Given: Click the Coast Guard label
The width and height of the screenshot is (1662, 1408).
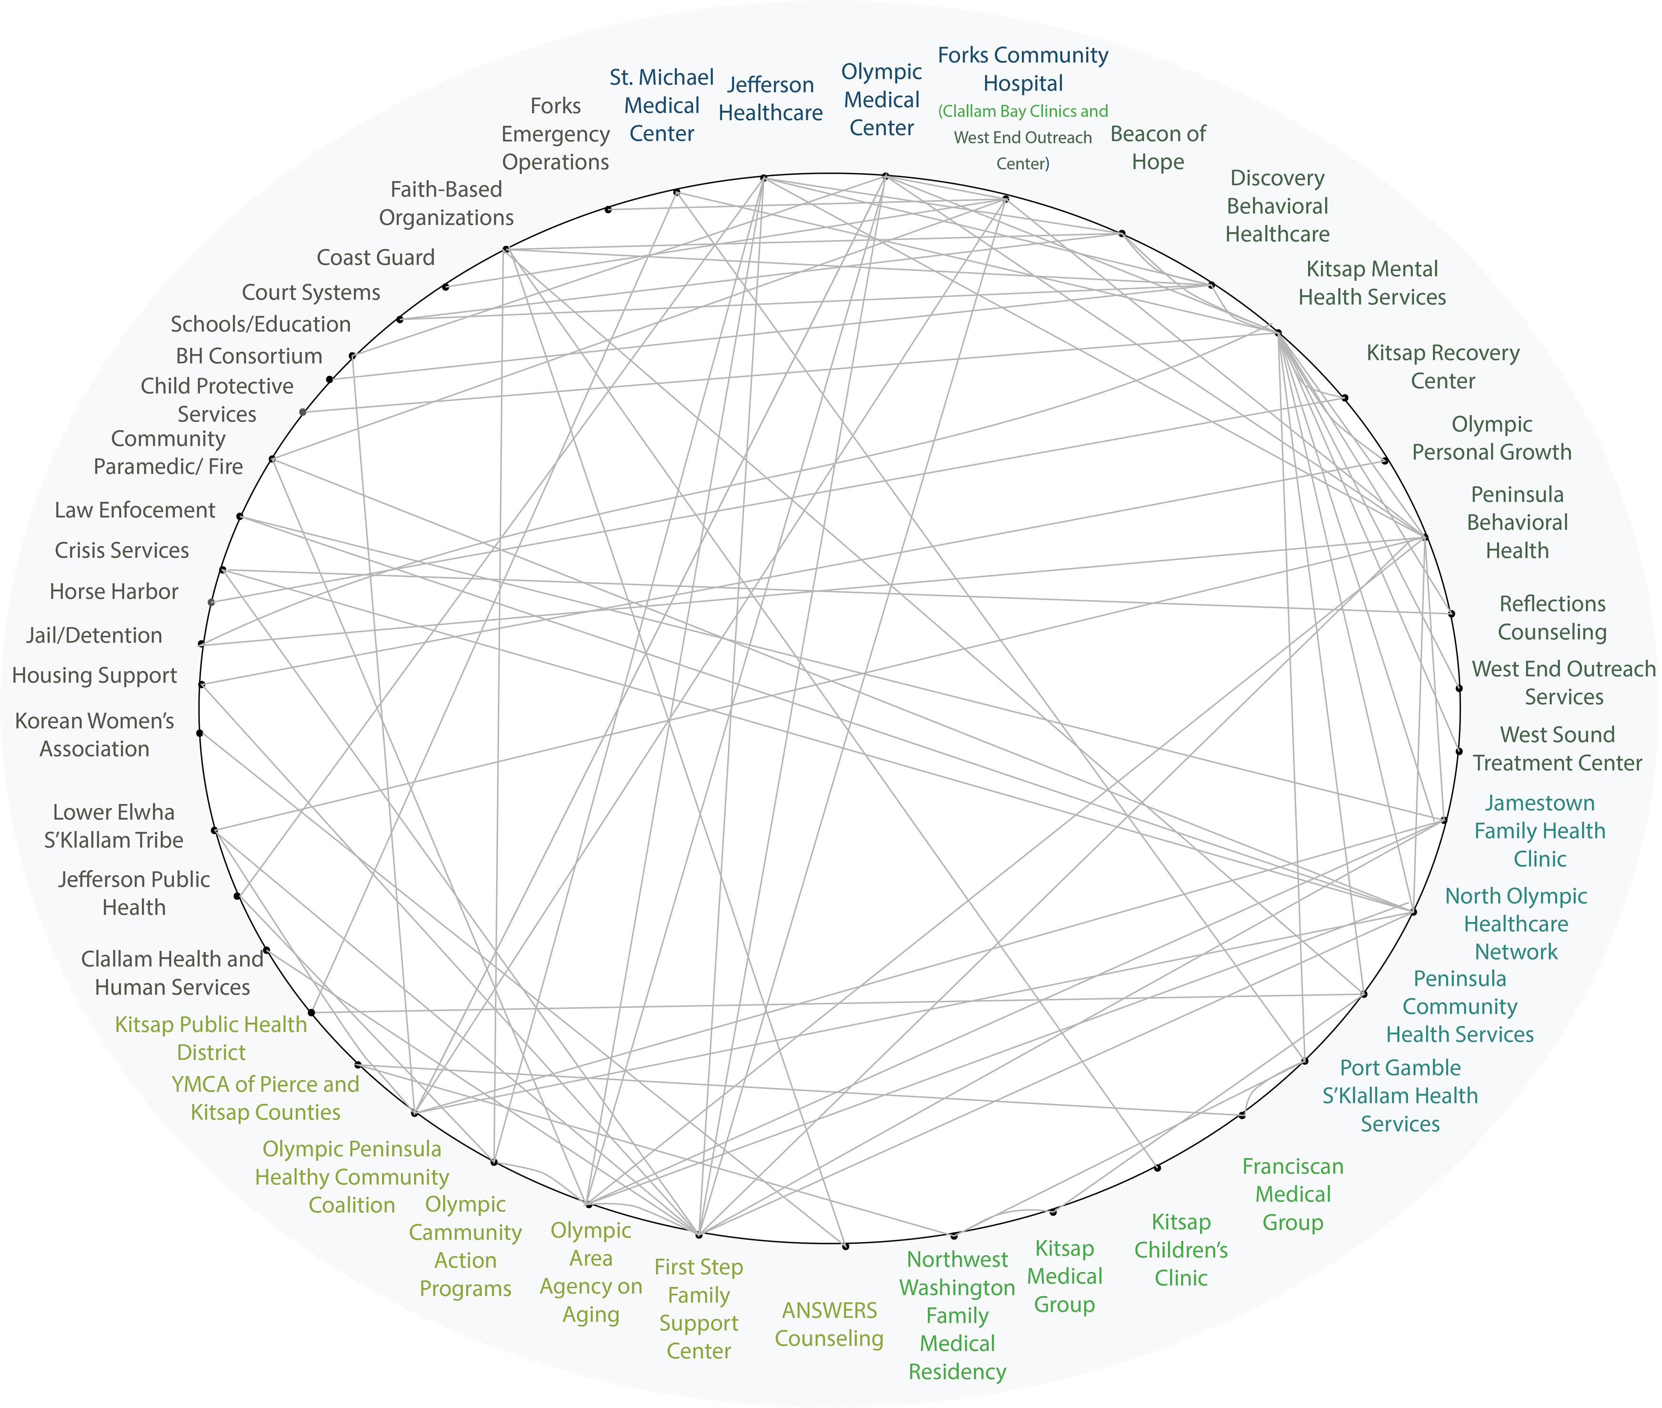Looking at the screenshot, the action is [375, 258].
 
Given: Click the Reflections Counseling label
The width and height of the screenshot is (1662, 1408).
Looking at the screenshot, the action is [1552, 618].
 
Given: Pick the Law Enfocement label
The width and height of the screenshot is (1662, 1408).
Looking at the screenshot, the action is [134, 510].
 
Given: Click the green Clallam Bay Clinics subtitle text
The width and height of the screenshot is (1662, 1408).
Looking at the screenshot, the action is [1023, 111].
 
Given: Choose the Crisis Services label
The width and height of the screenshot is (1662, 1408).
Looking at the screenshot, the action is [121, 550].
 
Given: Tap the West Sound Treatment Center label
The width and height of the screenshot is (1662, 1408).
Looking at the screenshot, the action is [1557, 749].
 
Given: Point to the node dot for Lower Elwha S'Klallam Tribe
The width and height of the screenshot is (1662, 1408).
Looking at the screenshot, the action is [214, 830].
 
